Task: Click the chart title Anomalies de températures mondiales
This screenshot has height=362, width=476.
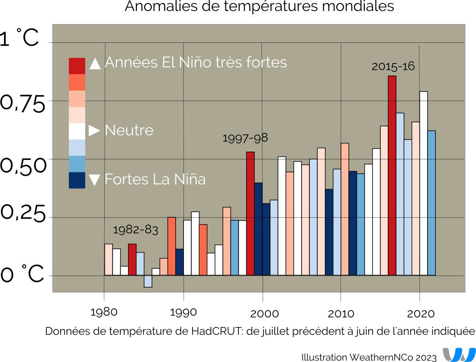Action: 259,7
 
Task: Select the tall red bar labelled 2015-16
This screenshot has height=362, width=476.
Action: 392,175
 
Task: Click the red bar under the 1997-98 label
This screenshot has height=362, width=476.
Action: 250,213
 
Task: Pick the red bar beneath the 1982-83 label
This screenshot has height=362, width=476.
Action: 132,259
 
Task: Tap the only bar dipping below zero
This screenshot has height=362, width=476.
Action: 148,281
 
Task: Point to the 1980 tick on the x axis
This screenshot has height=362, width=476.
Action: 104,312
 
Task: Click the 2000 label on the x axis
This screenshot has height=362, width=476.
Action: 262,313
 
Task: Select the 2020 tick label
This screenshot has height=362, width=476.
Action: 420,313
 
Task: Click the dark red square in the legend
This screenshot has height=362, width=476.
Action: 77,66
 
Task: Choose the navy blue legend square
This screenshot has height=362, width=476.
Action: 77,180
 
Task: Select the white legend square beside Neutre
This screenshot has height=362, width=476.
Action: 77,131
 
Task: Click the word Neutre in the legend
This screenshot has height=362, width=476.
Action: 129,130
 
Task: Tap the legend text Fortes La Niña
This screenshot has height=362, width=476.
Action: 155,179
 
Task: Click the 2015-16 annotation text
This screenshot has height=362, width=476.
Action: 393,67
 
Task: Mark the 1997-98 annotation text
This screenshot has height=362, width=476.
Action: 245,138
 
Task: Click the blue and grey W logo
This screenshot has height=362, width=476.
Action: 459,354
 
